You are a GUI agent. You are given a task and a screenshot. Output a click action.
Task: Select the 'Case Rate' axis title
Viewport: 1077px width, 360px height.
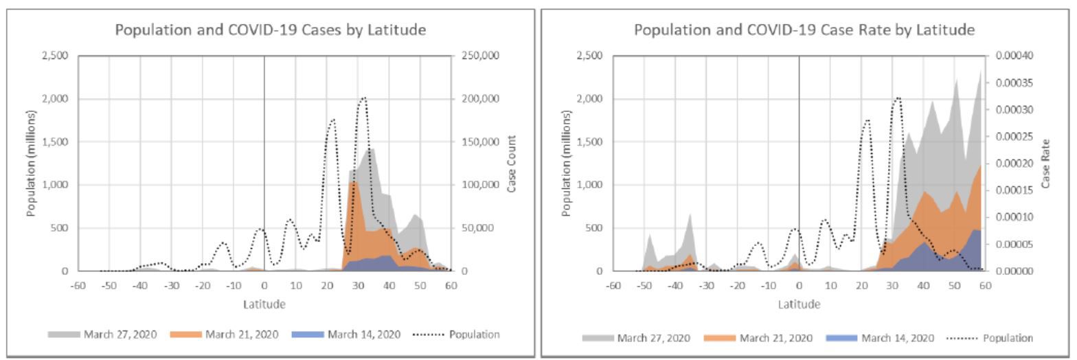1046,164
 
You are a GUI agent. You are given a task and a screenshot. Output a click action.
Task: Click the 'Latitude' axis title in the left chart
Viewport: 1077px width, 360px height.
265,304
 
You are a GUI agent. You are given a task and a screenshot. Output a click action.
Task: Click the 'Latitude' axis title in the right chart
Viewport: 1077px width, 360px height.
800,304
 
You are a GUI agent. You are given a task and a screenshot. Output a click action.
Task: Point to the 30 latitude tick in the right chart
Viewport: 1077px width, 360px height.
892,286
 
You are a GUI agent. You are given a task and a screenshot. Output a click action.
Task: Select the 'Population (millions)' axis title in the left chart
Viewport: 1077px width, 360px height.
31,164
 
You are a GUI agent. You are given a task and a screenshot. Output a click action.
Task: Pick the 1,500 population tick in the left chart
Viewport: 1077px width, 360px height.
56,142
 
